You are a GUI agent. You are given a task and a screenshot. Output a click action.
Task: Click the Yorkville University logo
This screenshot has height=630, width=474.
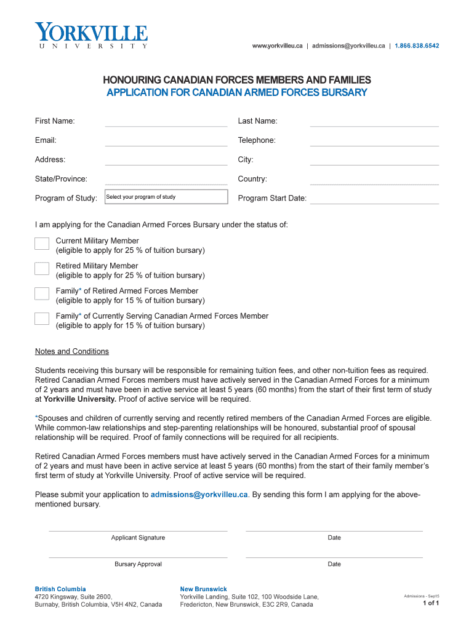(91, 35)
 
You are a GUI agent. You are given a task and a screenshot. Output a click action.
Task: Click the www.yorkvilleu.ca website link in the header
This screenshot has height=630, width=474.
(277, 46)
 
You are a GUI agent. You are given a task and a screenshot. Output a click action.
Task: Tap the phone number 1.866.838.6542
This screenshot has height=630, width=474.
(417, 46)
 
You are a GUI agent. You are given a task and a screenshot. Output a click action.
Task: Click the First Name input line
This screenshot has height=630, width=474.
(166, 121)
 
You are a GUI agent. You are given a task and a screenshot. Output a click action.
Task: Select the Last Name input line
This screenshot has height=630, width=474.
(374, 121)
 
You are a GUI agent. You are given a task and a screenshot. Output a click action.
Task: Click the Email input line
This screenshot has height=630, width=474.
(166, 141)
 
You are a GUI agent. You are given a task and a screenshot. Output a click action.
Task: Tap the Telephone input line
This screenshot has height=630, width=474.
(374, 141)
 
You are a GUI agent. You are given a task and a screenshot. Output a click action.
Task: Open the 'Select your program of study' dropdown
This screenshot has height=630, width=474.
(166, 197)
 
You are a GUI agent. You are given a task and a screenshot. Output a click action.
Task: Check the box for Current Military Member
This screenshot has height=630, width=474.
(42, 244)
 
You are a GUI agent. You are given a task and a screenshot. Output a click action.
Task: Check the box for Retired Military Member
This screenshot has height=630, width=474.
(42, 268)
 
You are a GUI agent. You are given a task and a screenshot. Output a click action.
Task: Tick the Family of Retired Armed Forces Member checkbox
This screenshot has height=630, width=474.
(42, 293)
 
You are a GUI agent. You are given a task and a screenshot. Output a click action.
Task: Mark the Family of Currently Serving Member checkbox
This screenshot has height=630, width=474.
(42, 318)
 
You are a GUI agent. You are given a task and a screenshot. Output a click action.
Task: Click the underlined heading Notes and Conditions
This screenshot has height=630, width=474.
(72, 351)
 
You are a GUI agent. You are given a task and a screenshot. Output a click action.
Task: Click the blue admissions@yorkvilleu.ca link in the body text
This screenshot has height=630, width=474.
(199, 494)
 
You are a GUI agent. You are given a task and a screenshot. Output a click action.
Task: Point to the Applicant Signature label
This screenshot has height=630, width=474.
(138, 538)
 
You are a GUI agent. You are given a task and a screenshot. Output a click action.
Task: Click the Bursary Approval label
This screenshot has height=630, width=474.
(138, 564)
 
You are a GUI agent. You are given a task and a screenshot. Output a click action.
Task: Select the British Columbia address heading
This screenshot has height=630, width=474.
(60, 589)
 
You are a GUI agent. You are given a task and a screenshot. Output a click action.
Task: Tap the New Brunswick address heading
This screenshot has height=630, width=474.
(203, 589)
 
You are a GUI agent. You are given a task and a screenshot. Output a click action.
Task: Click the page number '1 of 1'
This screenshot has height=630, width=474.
(430, 604)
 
